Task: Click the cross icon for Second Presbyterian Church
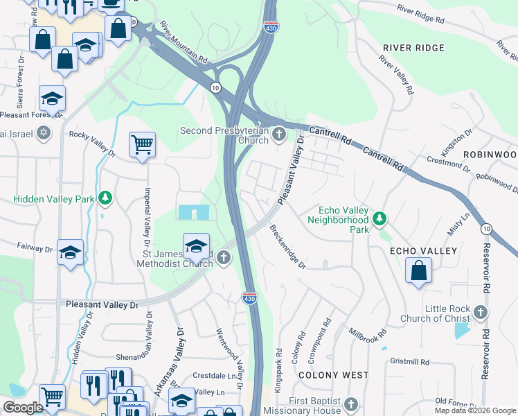point(279,134)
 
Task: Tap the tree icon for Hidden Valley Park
point(105,199)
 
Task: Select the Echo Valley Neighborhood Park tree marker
point(379,219)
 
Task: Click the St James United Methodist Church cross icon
point(223,259)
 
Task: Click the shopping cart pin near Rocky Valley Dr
point(142,146)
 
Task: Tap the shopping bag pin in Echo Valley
point(419,270)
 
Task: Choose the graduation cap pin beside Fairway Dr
point(70,253)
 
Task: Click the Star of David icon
point(44,132)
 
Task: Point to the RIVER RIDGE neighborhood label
point(413,47)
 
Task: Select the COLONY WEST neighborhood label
point(333,375)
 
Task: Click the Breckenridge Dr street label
point(287,246)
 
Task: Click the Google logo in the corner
point(24,408)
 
